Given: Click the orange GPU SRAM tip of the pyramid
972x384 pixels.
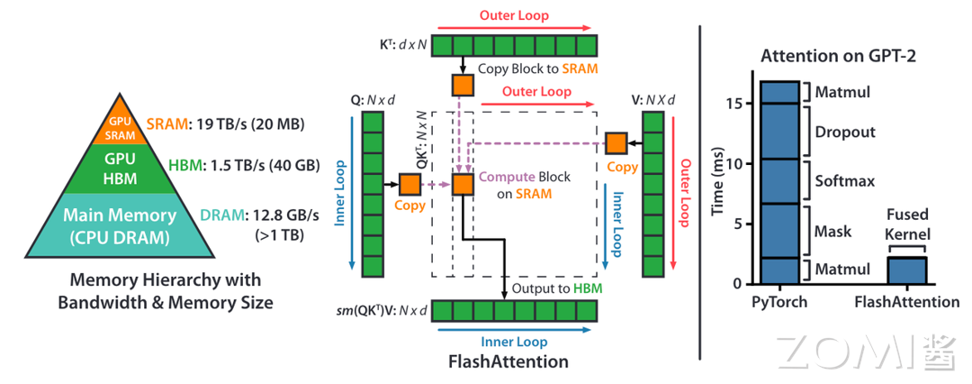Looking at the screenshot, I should [122, 129].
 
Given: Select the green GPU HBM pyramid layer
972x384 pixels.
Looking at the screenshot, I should [122, 169].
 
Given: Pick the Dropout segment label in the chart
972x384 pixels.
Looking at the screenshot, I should [845, 132].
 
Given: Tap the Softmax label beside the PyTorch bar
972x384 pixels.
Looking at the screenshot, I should [845, 181].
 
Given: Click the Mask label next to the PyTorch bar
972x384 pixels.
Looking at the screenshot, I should [833, 232].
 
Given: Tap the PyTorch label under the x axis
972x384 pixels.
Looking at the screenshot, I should [779, 302].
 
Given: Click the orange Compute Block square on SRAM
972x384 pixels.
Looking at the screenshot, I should [463, 185].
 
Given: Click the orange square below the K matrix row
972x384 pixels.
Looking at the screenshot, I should [463, 86].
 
